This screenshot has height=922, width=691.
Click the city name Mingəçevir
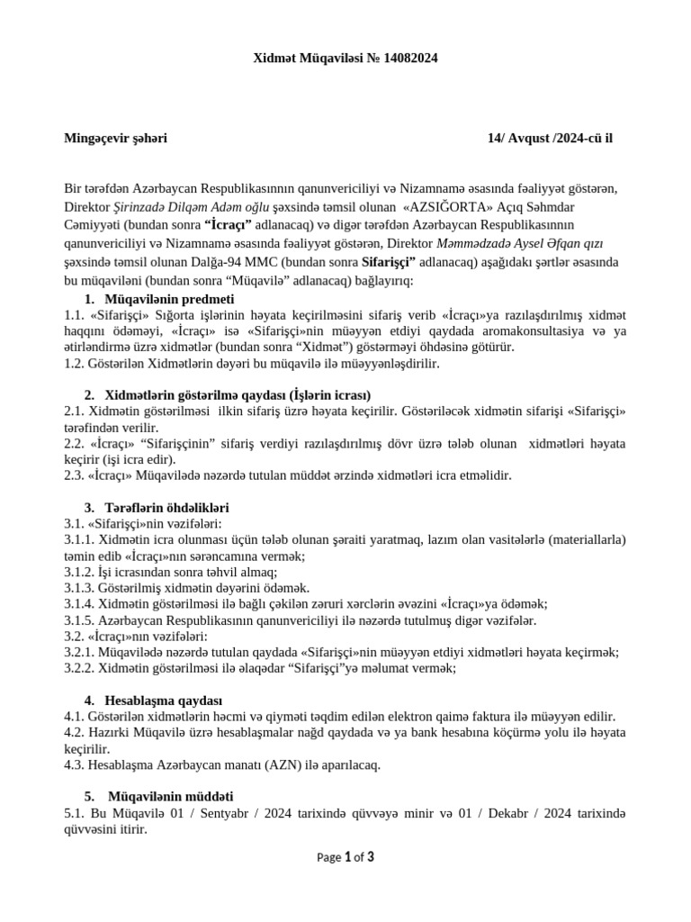coord(96,138)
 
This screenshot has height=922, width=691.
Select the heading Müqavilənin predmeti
coord(170,298)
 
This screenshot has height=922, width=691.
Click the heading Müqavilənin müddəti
coord(170,796)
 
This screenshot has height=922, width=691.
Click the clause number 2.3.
coord(74,475)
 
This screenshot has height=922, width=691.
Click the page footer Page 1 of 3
coord(345,857)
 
